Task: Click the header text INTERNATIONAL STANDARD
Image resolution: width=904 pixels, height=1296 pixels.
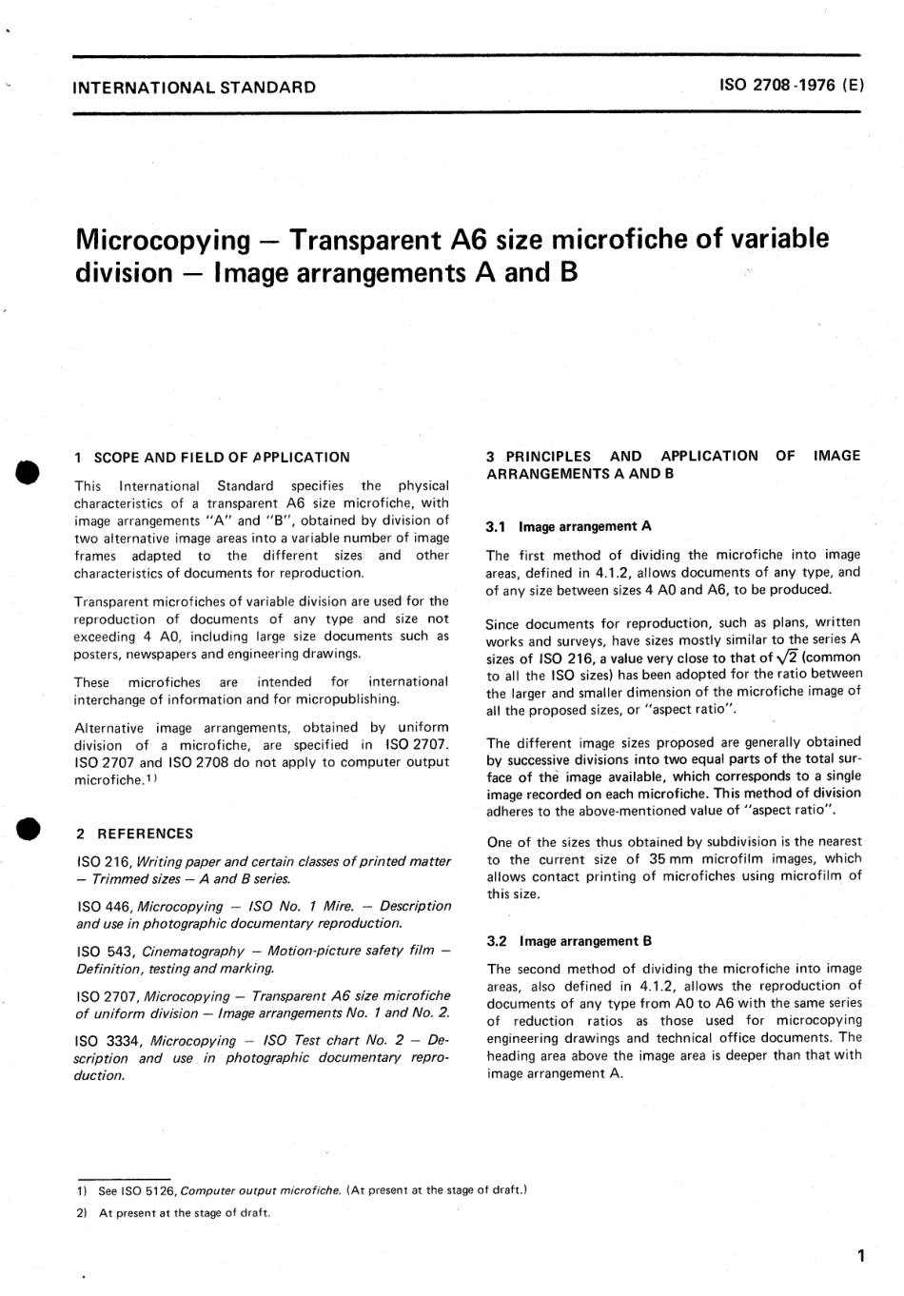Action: coord(194,88)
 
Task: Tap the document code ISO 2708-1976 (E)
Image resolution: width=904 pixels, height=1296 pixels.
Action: coord(792,85)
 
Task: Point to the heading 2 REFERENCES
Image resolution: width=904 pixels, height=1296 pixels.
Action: coord(134,834)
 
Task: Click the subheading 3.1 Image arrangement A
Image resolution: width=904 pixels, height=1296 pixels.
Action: coord(569,526)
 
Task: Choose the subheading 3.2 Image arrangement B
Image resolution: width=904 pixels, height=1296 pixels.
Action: coord(569,941)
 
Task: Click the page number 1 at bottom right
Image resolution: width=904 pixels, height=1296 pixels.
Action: coord(860,1256)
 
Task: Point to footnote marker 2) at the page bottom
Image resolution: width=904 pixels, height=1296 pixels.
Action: coord(81,1213)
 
